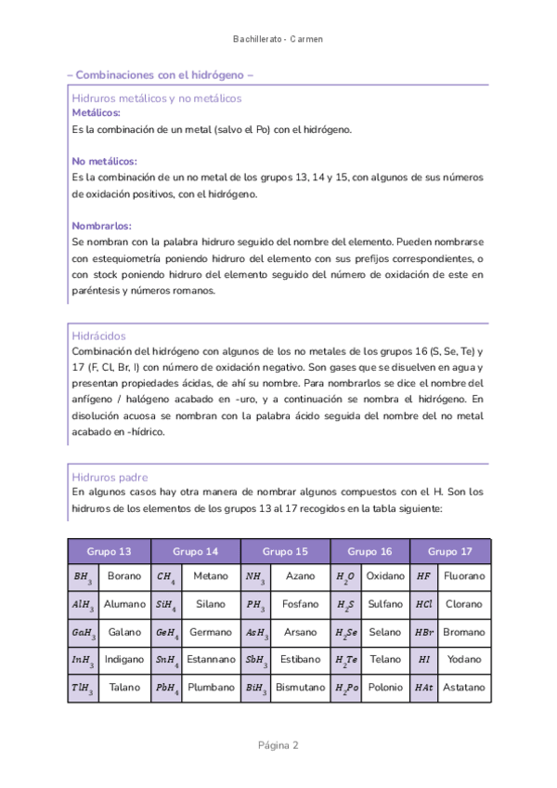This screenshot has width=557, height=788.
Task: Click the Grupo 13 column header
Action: point(110,551)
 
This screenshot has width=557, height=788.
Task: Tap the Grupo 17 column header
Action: point(450,551)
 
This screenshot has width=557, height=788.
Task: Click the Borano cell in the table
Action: point(124,576)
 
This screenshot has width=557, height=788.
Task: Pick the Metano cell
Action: point(211,576)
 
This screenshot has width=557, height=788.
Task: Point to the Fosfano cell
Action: point(300,604)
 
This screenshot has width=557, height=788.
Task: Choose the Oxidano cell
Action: point(385,576)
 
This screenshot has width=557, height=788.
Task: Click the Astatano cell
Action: point(463,688)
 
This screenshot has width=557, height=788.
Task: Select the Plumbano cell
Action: point(211,688)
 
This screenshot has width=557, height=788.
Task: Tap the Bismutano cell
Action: point(300,688)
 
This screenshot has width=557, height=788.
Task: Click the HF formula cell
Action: point(423,576)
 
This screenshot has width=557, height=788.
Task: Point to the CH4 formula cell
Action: point(166,577)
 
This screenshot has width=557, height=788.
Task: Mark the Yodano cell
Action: point(463,660)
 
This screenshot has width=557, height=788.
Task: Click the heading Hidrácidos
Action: point(98,335)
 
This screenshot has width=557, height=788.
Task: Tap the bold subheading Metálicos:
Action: point(96,112)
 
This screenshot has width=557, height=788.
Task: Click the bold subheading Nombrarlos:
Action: point(101,226)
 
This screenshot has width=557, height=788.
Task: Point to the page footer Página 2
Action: point(278,745)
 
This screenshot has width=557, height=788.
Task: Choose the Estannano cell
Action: point(211,660)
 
